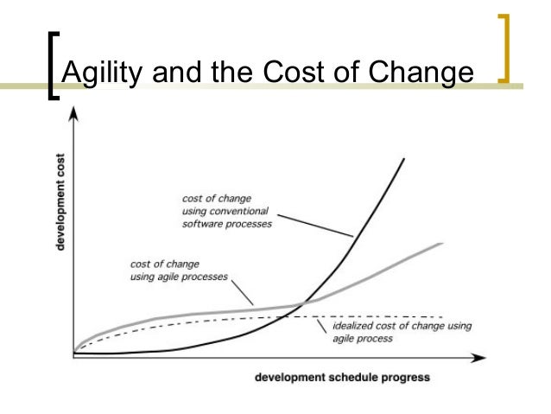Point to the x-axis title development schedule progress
(342, 378)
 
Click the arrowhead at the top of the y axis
(74, 113)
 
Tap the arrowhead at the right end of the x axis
(479, 356)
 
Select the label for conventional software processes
(227, 210)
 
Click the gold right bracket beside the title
(504, 52)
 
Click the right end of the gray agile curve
(442, 245)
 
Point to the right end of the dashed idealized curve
(442, 317)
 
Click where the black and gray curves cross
(302, 303)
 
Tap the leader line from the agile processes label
(244, 290)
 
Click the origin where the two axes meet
(74, 355)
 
